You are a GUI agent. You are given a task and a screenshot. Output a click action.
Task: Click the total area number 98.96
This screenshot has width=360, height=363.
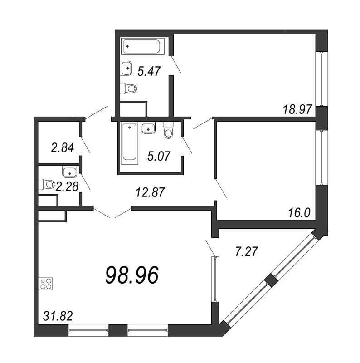132,275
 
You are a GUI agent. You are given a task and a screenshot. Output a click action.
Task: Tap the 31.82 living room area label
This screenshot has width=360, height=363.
58,316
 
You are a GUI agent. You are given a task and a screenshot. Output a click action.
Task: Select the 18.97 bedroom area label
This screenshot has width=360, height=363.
297,109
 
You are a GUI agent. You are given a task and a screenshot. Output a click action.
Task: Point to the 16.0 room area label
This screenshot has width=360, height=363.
299,212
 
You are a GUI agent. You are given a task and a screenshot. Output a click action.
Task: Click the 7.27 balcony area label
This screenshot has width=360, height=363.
246,252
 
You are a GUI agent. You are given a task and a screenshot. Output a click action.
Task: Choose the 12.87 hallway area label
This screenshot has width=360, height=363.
150,192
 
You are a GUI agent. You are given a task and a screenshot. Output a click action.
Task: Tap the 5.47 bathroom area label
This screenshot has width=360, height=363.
149,71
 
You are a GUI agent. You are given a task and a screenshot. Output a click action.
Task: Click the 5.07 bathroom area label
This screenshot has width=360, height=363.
159,156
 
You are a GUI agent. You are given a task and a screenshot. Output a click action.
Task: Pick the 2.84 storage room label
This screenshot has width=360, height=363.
63,148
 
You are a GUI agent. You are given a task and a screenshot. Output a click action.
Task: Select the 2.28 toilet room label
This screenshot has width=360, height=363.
67,186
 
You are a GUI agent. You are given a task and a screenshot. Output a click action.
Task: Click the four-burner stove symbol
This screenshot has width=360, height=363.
46,284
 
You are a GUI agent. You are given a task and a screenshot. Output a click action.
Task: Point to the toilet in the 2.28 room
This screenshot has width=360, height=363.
46,184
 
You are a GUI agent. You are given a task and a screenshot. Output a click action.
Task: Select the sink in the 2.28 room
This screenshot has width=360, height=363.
69,172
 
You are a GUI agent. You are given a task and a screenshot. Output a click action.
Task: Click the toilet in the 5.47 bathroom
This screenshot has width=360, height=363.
129,88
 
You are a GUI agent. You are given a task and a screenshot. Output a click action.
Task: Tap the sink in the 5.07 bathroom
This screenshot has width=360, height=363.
148,128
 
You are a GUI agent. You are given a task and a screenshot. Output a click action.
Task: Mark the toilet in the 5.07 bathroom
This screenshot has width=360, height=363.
168,131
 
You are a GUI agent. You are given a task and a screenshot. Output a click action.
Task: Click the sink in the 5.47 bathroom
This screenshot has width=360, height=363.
126,68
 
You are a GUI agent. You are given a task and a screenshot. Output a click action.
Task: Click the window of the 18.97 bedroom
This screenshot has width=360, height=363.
321,78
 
